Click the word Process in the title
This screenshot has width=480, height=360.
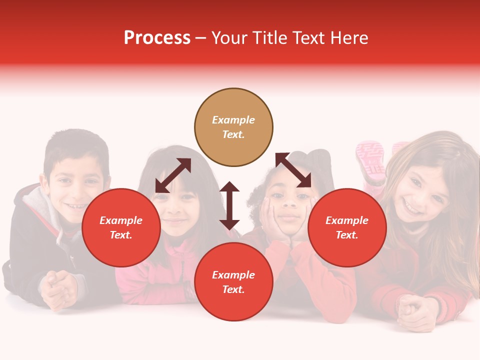157,38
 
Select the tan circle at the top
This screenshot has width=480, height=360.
233,127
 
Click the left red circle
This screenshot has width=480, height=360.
121,227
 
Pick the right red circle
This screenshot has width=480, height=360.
347,227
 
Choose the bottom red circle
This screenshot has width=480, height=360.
233,282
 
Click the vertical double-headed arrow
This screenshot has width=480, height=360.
229,205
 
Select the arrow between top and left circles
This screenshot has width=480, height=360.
173,175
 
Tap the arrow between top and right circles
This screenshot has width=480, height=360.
293,170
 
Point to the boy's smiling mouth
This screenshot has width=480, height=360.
76,205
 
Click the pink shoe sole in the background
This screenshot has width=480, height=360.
370,160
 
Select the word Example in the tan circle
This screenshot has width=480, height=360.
233,120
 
